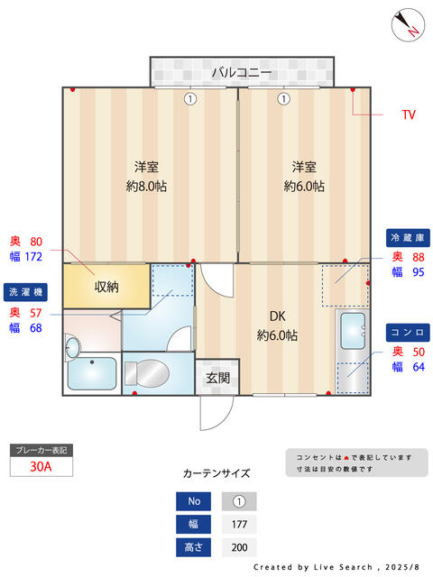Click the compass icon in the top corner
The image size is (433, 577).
point(407,23)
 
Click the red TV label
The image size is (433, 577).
point(408,115)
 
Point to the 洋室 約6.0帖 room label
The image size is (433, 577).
point(304,177)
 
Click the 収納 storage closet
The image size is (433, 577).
point(106,287)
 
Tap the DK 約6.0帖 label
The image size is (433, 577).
point(277,325)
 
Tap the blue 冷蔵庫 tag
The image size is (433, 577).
point(406,237)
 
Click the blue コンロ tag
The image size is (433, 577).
point(406,332)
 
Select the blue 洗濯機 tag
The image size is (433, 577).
point(26,292)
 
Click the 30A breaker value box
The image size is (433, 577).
point(40,466)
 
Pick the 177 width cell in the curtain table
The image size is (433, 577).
point(238,525)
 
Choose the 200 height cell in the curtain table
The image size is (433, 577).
point(238,547)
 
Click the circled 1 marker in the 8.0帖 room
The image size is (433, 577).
point(189,99)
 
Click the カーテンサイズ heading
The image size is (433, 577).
point(216,472)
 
